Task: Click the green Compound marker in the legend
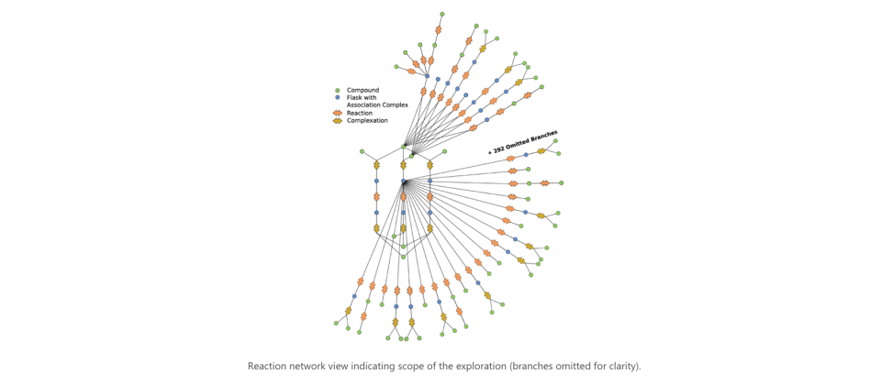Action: click(x=337, y=91)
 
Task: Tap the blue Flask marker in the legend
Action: click(x=337, y=98)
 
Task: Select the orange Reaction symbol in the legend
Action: click(x=337, y=113)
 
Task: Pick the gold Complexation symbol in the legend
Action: click(x=337, y=121)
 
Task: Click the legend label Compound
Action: click(x=363, y=91)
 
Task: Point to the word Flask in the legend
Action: click(x=354, y=98)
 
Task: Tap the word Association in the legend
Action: click(x=364, y=104)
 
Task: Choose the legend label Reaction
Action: click(x=360, y=113)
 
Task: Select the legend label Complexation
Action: click(x=367, y=121)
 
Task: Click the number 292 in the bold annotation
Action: click(x=499, y=149)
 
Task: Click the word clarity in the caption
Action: click(x=624, y=367)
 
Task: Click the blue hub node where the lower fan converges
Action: click(x=403, y=181)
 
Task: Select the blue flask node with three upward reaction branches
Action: click(x=427, y=76)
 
